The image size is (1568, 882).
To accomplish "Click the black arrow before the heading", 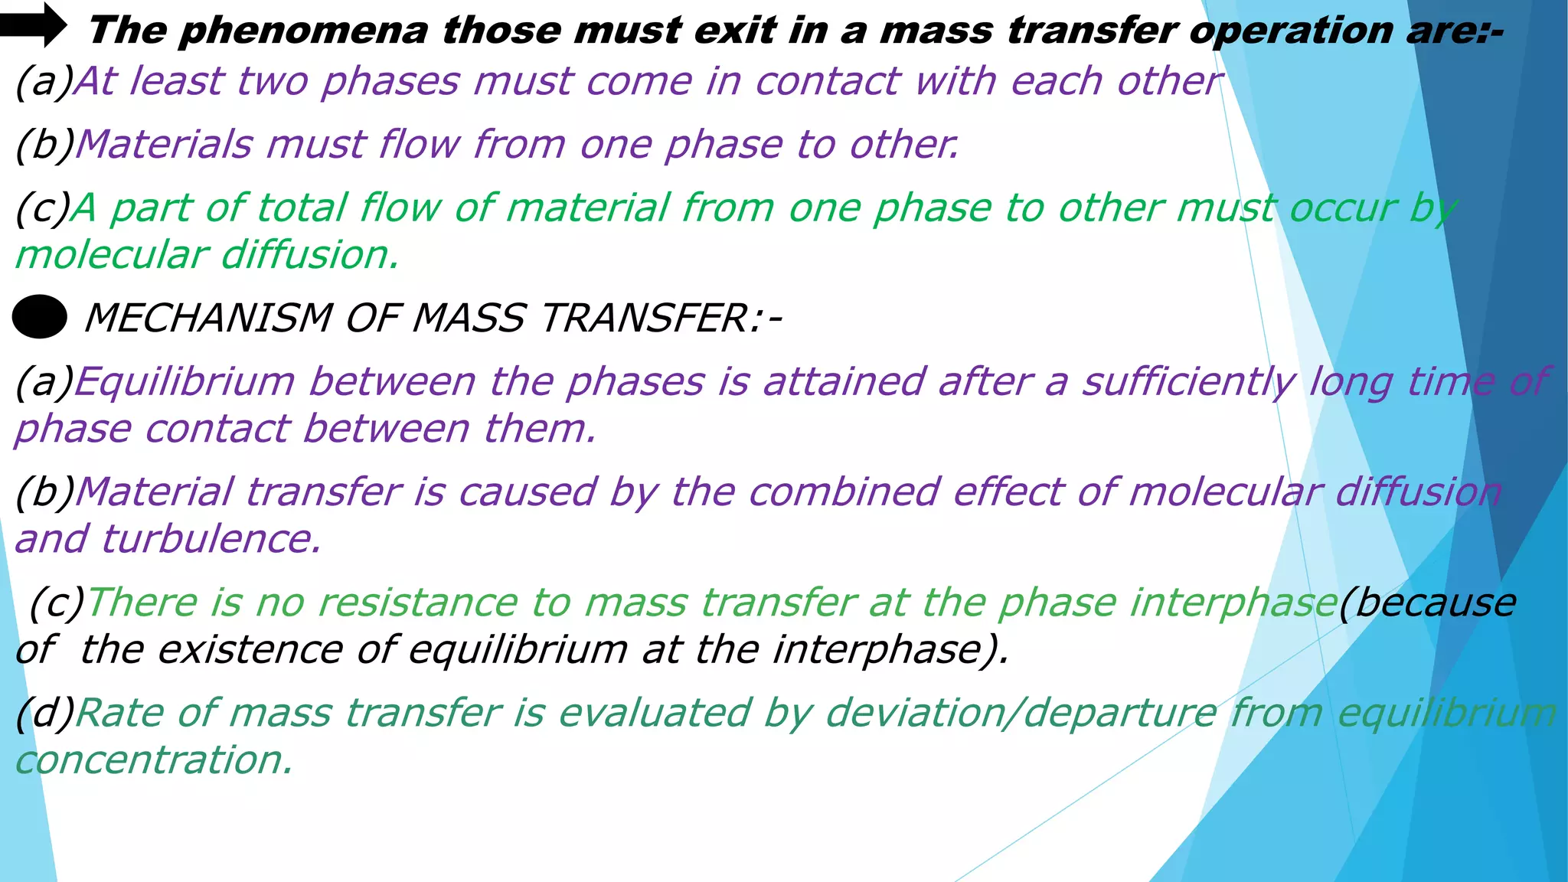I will (x=33, y=25).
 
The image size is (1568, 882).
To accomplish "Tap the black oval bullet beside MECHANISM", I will (x=40, y=317).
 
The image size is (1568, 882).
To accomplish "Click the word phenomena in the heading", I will (x=303, y=31).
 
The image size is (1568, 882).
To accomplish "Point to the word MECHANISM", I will (x=208, y=318).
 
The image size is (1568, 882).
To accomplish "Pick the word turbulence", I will (x=211, y=539).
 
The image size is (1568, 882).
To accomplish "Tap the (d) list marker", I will (x=44, y=713).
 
